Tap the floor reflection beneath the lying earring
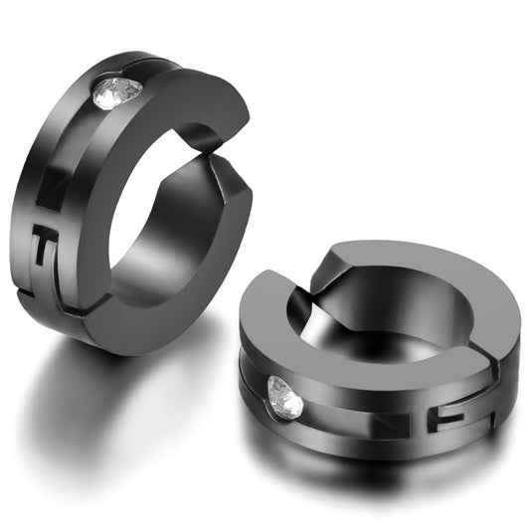coord(378,477)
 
